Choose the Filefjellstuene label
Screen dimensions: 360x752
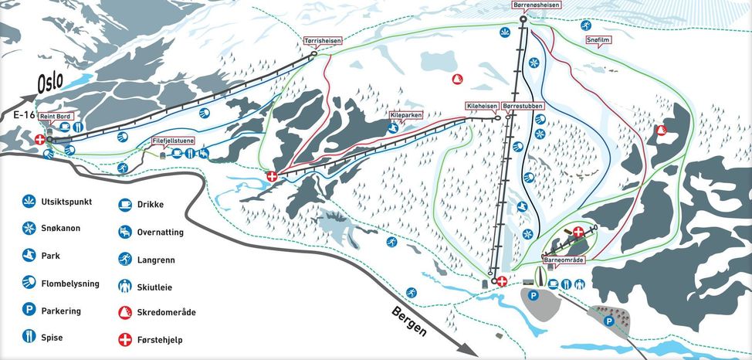174,141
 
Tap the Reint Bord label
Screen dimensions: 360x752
55,116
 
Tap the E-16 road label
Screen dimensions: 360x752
25,114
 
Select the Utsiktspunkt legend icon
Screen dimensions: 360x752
29,202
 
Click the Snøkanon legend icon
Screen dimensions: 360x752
29,229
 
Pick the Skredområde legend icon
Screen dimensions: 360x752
124,312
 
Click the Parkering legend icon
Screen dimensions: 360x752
29,311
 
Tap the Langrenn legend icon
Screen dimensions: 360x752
124,258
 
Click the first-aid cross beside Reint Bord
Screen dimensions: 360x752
40,140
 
